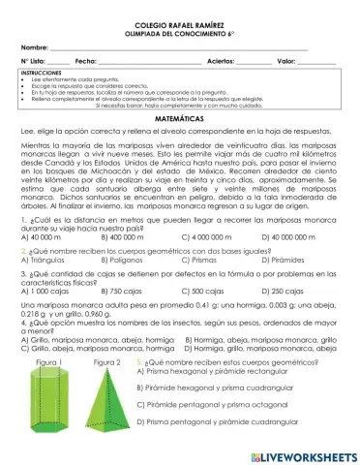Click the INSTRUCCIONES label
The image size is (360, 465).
39,73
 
